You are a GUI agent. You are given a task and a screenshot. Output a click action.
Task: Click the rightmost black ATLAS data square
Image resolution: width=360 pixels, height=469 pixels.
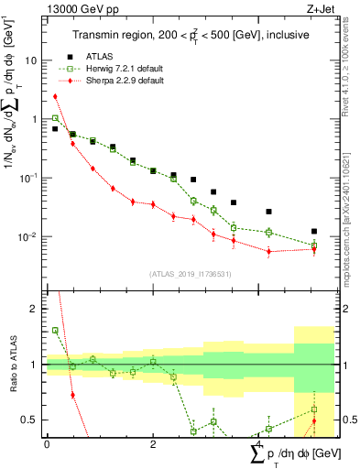pyautogui.click(x=313, y=232)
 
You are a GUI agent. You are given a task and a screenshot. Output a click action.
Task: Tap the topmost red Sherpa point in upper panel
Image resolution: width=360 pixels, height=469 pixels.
pyautogui.click(x=55, y=96)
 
